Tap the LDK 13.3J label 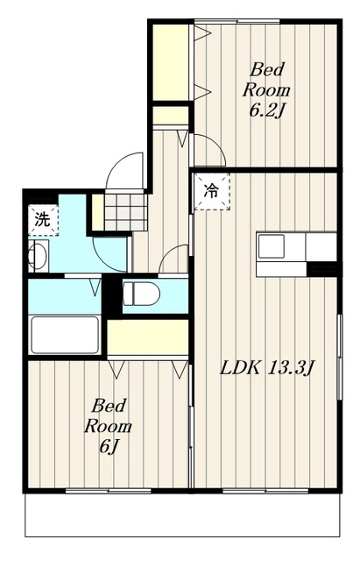(266, 368)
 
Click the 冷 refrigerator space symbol (211, 191)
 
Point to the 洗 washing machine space (43, 220)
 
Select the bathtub (65, 335)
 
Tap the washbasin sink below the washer (39, 255)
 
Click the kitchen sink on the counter (272, 245)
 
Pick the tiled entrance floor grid (126, 212)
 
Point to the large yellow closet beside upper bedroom (171, 62)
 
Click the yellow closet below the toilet (148, 337)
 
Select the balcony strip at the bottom (182, 515)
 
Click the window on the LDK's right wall (340, 357)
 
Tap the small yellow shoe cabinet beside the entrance (97, 212)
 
